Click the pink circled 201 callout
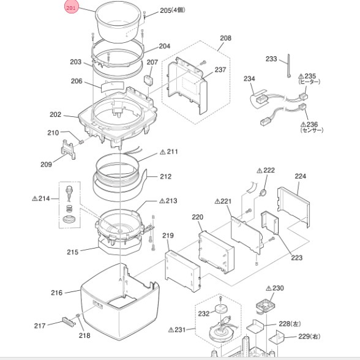(x=71, y=7)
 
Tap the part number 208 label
(x=225, y=38)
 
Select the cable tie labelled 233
(x=288, y=66)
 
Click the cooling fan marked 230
(x=266, y=306)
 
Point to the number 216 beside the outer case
(x=56, y=293)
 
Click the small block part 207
(x=148, y=80)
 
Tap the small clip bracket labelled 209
(x=68, y=149)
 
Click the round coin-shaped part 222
(x=263, y=192)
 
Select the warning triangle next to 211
(x=163, y=152)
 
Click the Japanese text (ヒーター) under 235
(x=309, y=82)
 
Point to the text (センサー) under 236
(x=312, y=130)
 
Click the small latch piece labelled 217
(x=69, y=321)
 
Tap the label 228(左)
(x=290, y=324)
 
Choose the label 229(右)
(x=309, y=337)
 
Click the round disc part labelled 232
(x=220, y=309)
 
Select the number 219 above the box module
(x=168, y=236)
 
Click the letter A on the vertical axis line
(x=120, y=280)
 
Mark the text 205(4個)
(x=173, y=10)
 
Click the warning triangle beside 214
(x=35, y=198)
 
